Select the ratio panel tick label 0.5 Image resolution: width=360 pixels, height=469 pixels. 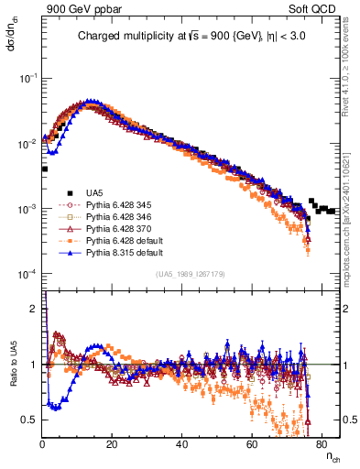tap(31, 420)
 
